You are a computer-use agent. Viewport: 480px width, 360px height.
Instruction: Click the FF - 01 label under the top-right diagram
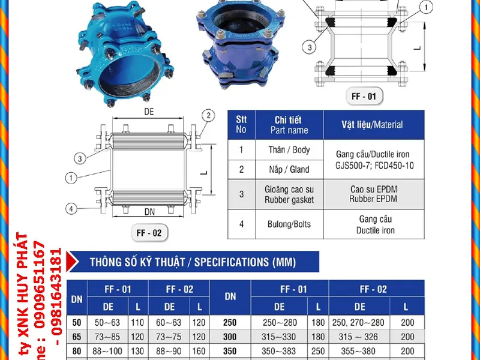pyautogui.click(x=364, y=95)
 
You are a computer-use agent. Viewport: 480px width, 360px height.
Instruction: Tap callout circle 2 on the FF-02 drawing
pyautogui.click(x=208, y=115)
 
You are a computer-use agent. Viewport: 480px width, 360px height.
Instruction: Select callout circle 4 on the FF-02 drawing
pyautogui.click(x=71, y=209)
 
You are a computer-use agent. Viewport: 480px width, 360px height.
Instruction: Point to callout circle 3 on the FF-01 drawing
pyautogui.click(x=308, y=47)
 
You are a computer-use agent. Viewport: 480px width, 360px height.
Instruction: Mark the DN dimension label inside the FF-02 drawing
pyautogui.click(x=150, y=211)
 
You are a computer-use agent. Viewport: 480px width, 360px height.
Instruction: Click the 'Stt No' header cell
pyautogui.click(x=241, y=124)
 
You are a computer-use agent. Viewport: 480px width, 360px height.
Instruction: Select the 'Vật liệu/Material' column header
pyautogui.click(x=373, y=125)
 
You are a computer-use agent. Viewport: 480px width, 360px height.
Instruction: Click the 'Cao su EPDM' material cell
pyautogui.click(x=374, y=189)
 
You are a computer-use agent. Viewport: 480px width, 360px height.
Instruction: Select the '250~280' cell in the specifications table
pyautogui.click(x=279, y=322)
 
